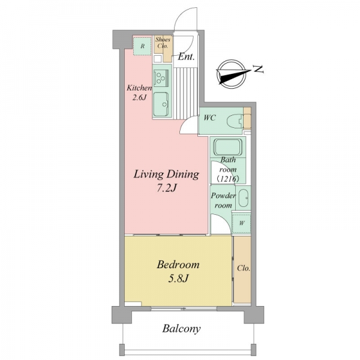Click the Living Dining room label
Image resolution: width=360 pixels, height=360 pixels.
click(x=166, y=175)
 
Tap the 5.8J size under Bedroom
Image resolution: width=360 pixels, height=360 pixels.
click(x=178, y=279)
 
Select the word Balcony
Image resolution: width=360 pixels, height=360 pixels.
click(x=181, y=329)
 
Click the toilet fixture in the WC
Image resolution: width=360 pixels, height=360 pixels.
click(x=235, y=121)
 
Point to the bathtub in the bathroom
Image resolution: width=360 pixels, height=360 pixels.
click(x=228, y=147)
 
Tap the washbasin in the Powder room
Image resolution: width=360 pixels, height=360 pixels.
click(x=243, y=197)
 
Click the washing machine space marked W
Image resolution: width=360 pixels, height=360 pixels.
click(x=241, y=223)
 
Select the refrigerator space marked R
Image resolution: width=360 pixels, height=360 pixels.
click(x=143, y=46)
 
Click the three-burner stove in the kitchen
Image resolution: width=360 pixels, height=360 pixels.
click(x=160, y=78)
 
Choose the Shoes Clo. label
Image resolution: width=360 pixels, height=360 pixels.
click(x=163, y=43)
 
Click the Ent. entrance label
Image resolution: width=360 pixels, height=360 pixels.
click(x=186, y=56)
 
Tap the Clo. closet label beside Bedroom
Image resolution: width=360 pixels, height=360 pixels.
click(x=244, y=268)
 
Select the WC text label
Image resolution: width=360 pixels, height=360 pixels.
click(x=210, y=118)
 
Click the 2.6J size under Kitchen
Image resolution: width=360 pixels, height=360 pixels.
click(x=139, y=98)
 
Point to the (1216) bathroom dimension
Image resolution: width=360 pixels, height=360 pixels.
click(x=228, y=179)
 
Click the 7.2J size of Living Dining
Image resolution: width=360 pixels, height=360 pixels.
click(x=166, y=188)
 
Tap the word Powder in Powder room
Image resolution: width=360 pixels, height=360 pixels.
click(x=223, y=196)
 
